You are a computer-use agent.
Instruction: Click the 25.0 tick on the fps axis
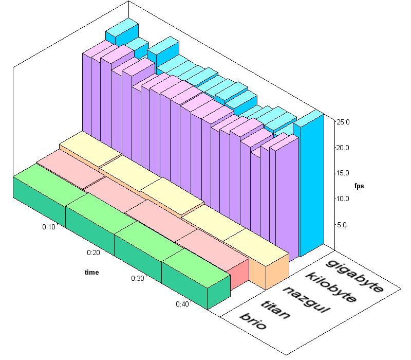click(x=342, y=122)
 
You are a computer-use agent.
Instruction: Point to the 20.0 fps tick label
click(x=342, y=148)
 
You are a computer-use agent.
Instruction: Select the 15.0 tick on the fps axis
click(x=342, y=173)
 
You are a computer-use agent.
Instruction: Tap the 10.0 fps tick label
click(x=342, y=199)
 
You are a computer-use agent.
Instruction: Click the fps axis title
click(x=359, y=186)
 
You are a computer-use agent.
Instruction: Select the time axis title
click(x=92, y=273)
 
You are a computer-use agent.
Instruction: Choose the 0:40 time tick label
click(x=182, y=304)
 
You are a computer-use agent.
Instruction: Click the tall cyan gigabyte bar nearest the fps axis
click(x=312, y=185)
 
